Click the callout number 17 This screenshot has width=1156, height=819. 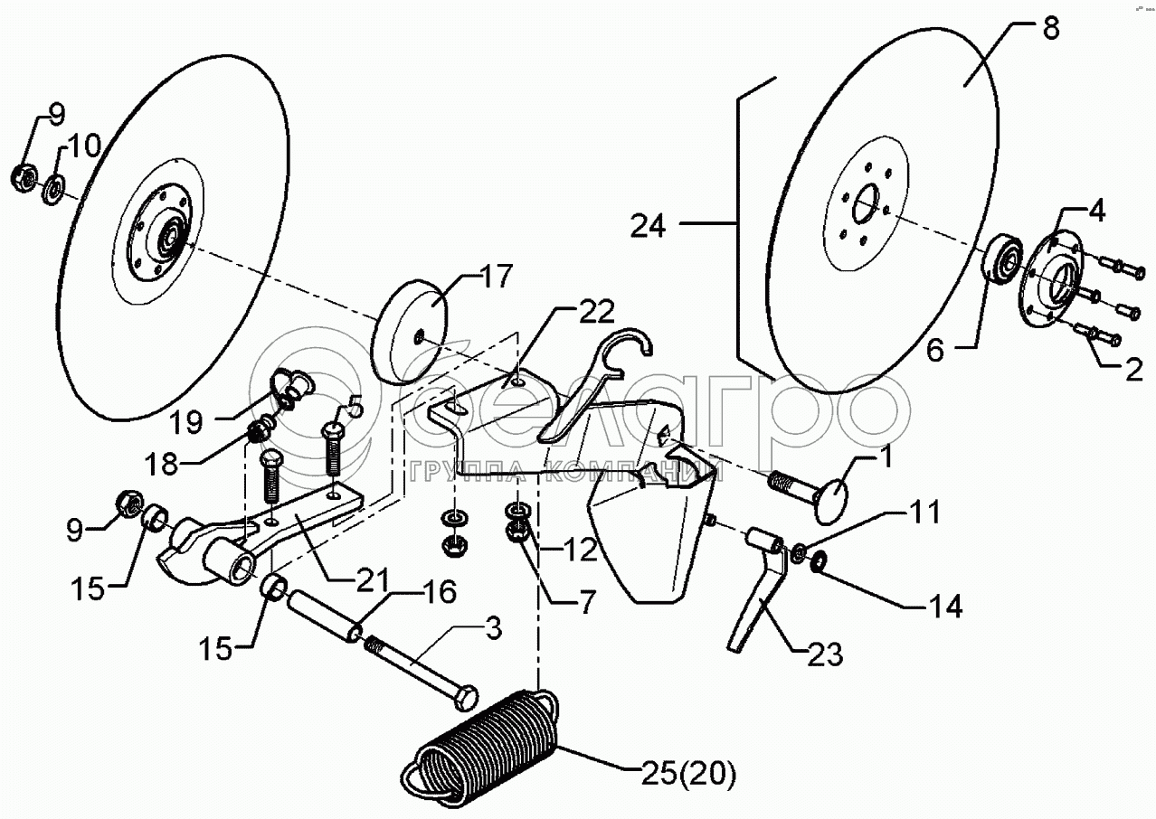point(497,276)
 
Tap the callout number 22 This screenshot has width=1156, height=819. point(596,313)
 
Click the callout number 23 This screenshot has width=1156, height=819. point(822,653)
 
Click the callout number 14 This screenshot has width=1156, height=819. point(941,607)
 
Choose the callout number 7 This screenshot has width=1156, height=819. point(587,602)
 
